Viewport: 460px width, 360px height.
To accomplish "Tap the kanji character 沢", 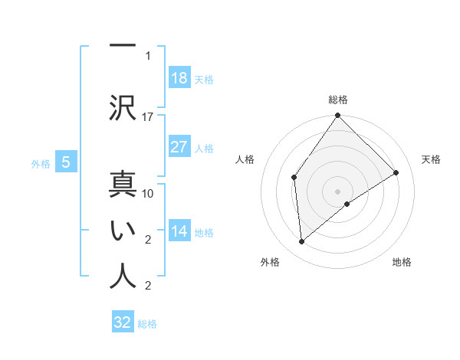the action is point(123,108).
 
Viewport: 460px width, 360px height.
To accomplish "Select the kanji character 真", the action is point(123,185).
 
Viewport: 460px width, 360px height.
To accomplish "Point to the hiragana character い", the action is point(123,231).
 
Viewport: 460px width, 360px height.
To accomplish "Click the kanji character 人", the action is point(123,277).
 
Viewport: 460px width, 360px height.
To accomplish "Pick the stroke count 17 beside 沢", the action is point(148,117).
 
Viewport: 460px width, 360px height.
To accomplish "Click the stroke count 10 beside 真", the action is point(148,194).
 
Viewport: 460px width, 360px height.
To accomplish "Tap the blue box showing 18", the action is point(179,78).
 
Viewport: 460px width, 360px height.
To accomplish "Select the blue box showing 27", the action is point(179,147).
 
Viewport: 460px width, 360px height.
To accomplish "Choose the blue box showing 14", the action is point(179,231).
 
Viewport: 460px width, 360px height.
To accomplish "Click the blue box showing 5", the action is point(66,162).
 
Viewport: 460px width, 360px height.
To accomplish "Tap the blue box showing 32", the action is point(123,322).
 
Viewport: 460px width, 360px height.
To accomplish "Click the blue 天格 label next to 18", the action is point(204,79).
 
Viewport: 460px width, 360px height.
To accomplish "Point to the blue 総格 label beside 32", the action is point(147,323).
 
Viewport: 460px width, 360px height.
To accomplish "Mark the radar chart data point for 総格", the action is point(337,116).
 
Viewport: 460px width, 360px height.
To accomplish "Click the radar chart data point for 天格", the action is point(396,172).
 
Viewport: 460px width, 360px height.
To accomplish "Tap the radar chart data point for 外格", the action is point(302,241).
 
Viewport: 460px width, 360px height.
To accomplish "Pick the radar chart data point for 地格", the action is point(347,204).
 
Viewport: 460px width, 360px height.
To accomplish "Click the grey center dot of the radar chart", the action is point(337,191).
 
